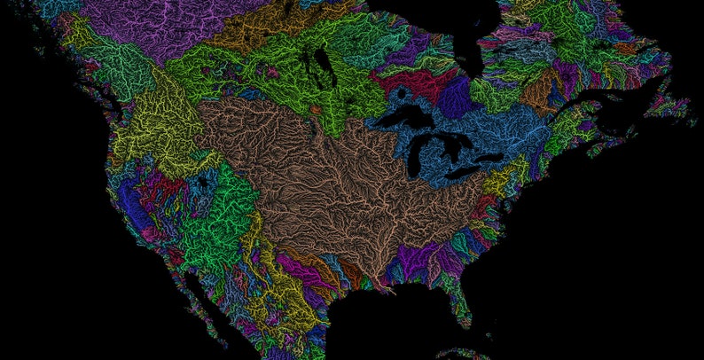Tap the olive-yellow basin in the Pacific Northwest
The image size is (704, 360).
164,133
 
